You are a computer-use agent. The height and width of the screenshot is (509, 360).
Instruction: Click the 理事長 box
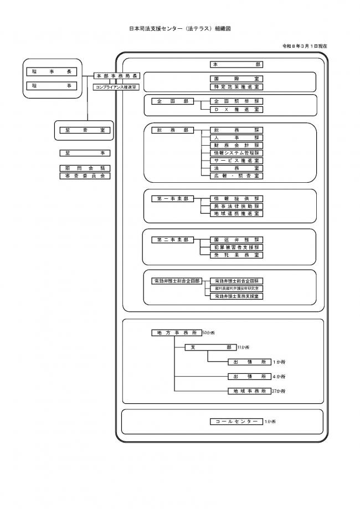tap(53, 72)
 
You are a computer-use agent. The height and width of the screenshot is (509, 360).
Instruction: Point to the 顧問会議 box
tap(85, 168)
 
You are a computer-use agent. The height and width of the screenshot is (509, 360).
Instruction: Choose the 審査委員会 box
tap(85, 176)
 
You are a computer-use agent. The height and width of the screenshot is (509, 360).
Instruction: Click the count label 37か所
tap(279, 391)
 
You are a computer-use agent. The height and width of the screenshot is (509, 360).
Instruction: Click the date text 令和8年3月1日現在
tap(305, 46)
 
